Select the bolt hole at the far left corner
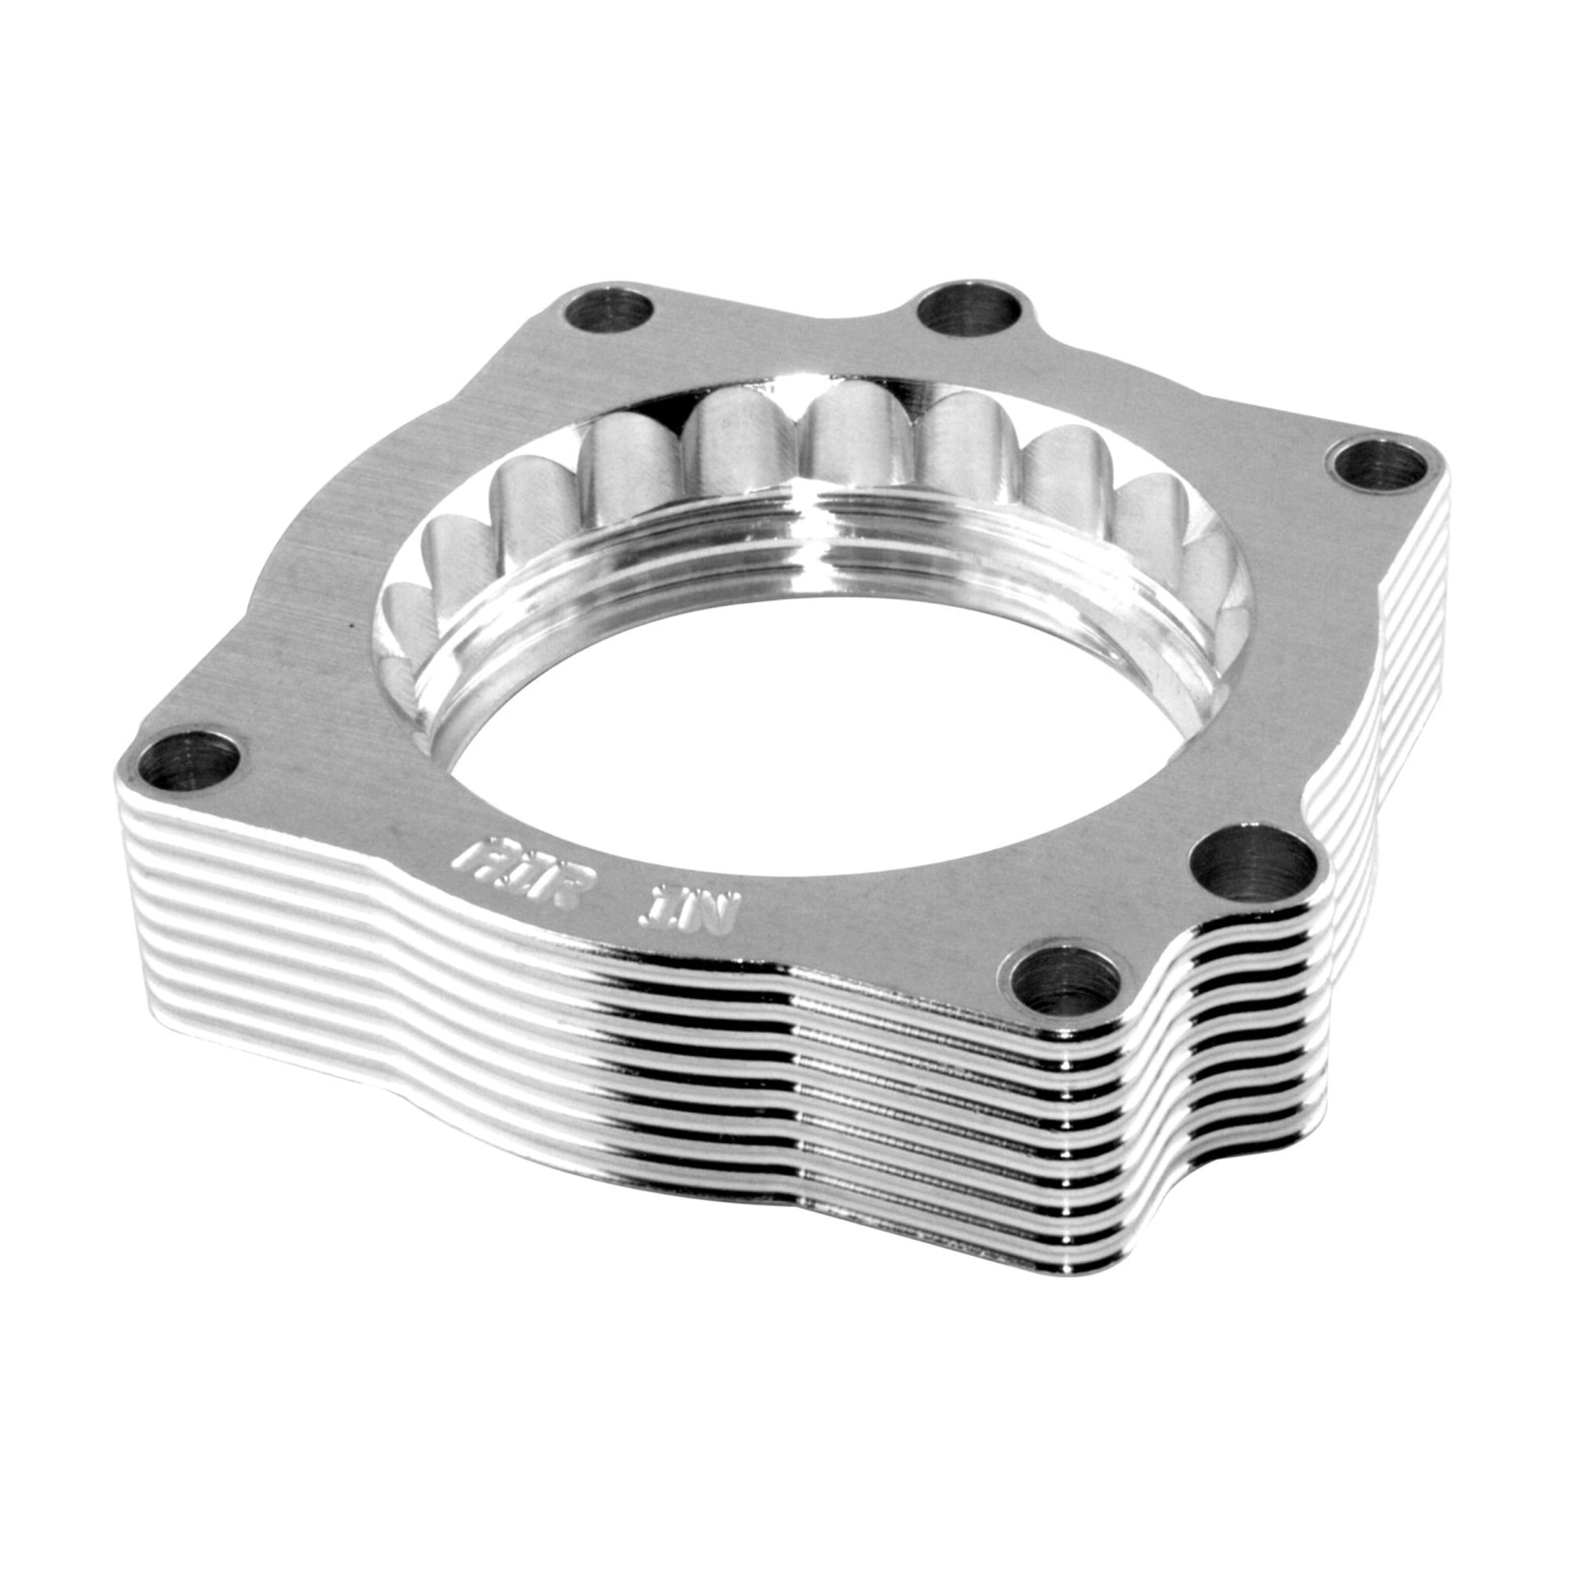[189, 761]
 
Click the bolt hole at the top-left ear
[611, 310]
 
